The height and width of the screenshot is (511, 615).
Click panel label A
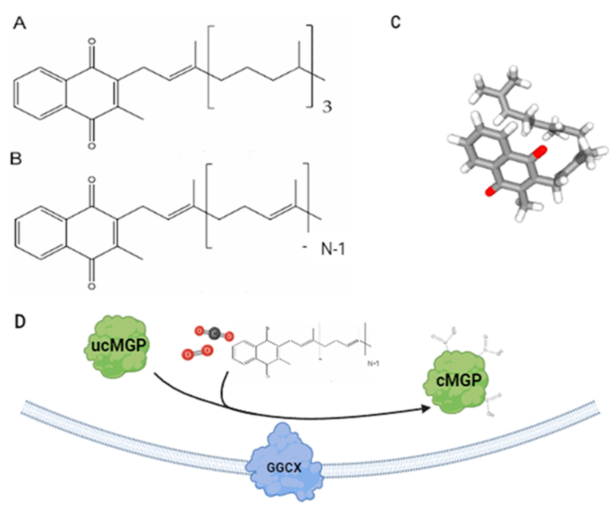pos(20,23)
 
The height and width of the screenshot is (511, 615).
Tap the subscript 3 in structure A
pos(327,108)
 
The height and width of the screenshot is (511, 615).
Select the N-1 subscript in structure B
pos(333,249)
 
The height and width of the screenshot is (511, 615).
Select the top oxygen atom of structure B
pos(92,180)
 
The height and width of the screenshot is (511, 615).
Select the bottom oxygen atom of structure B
pos(92,286)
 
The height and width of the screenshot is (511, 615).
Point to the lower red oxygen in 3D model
pos(489,192)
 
